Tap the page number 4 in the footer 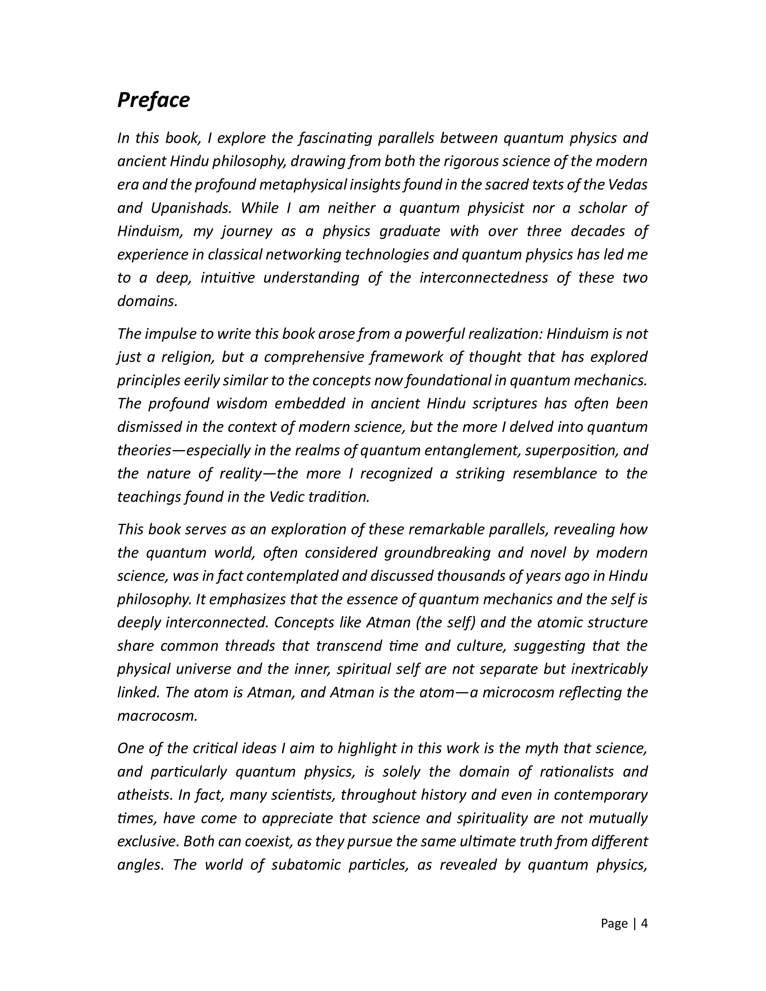(x=644, y=923)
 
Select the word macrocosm (x=157, y=716)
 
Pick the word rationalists (x=576, y=771)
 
